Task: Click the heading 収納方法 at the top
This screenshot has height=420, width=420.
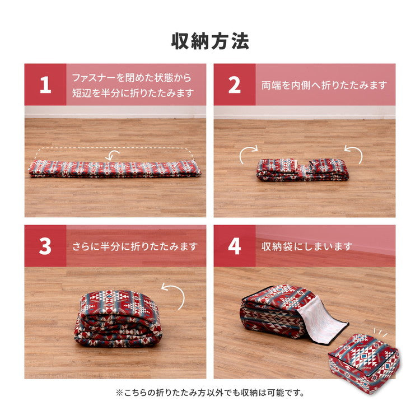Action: click(210, 41)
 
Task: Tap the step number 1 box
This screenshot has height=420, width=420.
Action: click(45, 85)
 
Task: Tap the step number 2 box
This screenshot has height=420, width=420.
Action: click(235, 85)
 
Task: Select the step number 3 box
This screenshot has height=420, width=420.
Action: click(45, 246)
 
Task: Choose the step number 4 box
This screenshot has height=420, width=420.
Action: click(235, 246)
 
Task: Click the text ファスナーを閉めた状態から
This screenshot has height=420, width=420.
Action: click(132, 77)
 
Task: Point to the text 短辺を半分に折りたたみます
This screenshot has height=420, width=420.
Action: click(133, 93)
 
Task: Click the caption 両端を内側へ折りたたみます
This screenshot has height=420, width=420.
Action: click(324, 85)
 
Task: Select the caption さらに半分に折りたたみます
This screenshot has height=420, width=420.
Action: click(135, 246)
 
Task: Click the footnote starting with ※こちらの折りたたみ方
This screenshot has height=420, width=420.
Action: click(210, 393)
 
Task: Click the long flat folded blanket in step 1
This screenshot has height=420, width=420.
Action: click(115, 168)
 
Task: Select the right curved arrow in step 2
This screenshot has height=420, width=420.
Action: click(353, 154)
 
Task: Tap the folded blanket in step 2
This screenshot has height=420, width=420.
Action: click(302, 170)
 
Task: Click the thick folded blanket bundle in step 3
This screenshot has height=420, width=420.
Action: click(118, 318)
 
